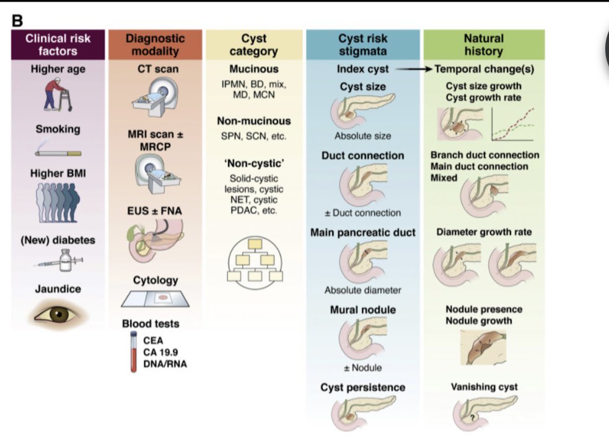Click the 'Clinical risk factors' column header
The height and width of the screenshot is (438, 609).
pyautogui.click(x=58, y=45)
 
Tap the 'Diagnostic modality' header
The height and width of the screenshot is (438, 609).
pyautogui.click(x=156, y=45)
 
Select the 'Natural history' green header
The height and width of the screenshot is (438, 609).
pyautogui.click(x=484, y=45)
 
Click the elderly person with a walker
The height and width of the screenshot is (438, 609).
pyautogui.click(x=58, y=95)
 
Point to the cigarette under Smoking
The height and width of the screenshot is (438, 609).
pyautogui.click(x=58, y=151)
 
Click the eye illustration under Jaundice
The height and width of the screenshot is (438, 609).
pyautogui.click(x=58, y=315)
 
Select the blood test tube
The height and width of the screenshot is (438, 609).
pyautogui.click(x=134, y=352)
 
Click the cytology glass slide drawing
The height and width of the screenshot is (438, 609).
pyautogui.click(x=156, y=299)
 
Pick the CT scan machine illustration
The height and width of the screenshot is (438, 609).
pyautogui.click(x=156, y=97)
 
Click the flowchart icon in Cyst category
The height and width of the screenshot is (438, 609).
pyautogui.click(x=255, y=263)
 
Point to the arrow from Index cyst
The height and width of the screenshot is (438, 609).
pyautogui.click(x=414, y=69)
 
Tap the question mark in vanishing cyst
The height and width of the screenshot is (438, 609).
pyautogui.click(x=472, y=418)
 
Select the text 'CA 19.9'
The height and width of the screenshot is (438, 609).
pyautogui.click(x=160, y=352)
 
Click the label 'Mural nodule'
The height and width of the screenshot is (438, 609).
pyautogui.click(x=363, y=310)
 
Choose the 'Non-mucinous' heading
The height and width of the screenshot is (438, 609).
pyautogui.click(x=254, y=121)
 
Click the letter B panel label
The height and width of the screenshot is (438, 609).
pyautogui.click(x=17, y=20)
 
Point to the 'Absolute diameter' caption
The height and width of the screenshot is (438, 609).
pyautogui.click(x=363, y=290)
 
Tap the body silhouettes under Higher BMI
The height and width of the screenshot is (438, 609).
pyautogui.click(x=58, y=203)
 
